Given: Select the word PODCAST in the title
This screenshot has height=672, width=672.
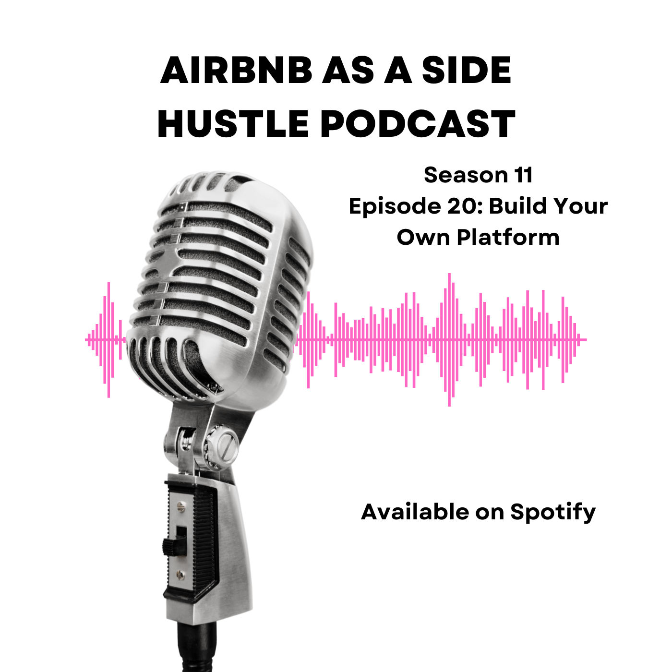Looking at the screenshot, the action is coord(418,123).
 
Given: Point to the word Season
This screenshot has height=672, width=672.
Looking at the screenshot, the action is coord(461,175).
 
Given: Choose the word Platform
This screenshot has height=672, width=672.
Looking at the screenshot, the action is coord(508,238).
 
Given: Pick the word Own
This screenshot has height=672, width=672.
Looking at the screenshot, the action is coord(423,238).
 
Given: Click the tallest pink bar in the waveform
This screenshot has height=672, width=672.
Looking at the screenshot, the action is coord(449,340).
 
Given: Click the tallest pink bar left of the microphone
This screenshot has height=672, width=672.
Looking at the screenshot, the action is coord(109,340).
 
